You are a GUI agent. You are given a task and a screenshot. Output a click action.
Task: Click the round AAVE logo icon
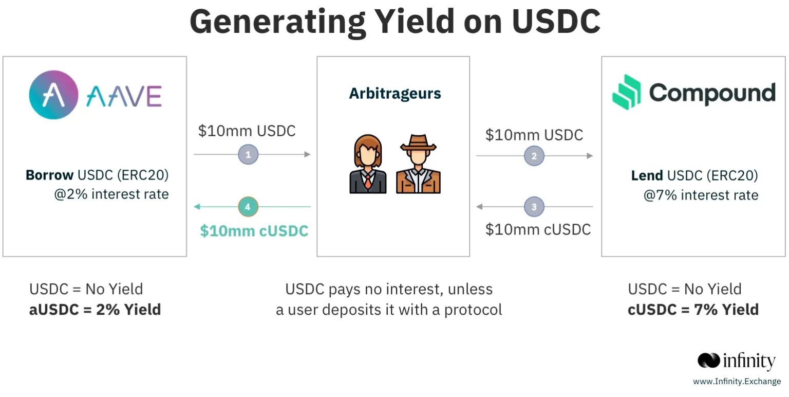click(53, 95)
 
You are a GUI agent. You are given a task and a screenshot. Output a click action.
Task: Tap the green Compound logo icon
click(627, 92)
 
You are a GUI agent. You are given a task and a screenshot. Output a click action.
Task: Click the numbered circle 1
click(248, 154)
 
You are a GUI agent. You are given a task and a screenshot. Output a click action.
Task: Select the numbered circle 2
click(534, 156)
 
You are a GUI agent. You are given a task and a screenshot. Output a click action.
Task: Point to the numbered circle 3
click(534, 207)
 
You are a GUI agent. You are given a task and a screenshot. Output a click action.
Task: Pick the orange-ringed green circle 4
click(248, 207)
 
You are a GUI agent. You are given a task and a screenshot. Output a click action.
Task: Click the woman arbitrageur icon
click(368, 164)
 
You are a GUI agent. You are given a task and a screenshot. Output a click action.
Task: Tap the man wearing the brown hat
click(418, 164)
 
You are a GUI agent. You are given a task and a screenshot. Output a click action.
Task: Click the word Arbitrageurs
click(395, 94)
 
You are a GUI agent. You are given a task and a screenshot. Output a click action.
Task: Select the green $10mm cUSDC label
click(254, 231)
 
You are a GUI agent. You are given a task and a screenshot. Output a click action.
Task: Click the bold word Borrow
click(49, 175)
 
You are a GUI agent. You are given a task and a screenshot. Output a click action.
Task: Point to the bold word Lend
click(647, 176)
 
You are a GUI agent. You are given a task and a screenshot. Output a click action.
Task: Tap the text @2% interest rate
click(111, 195)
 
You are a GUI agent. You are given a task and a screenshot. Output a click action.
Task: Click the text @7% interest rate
click(701, 195)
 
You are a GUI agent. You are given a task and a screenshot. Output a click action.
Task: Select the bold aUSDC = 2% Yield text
click(95, 310)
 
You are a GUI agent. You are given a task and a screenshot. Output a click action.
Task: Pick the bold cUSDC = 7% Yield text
click(693, 310)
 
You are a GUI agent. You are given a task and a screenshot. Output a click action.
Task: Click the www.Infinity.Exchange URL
click(737, 382)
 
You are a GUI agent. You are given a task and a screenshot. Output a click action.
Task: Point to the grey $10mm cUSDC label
click(538, 229)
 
